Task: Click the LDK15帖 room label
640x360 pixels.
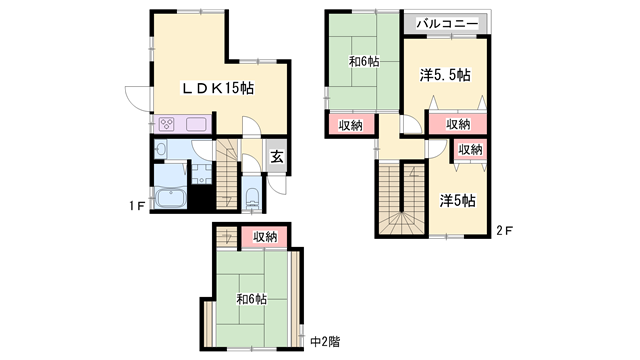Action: point(216,88)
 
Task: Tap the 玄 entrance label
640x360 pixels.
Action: point(277,155)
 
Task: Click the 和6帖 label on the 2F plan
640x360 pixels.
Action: point(363,61)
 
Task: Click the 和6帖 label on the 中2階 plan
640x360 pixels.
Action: point(251,299)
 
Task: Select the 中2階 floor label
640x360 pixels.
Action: point(325,342)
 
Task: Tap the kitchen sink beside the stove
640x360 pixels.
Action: point(195,125)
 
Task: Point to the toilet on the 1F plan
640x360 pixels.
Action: point(251,196)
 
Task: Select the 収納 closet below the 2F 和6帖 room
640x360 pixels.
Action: point(349,125)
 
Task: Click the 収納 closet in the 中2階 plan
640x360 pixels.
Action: point(264,237)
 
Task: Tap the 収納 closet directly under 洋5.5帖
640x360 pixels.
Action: point(458,124)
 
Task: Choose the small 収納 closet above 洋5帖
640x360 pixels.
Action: point(470,149)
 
